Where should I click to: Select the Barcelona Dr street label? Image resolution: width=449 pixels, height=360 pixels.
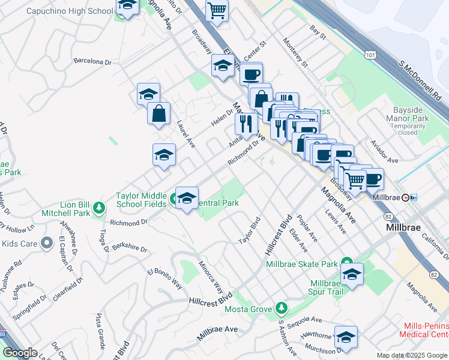pos(92,61)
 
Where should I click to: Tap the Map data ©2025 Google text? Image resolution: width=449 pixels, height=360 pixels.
pos(411,355)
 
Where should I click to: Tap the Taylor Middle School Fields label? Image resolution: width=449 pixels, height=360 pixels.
pos(141,200)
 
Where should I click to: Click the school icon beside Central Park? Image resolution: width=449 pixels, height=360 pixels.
pos(187,198)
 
